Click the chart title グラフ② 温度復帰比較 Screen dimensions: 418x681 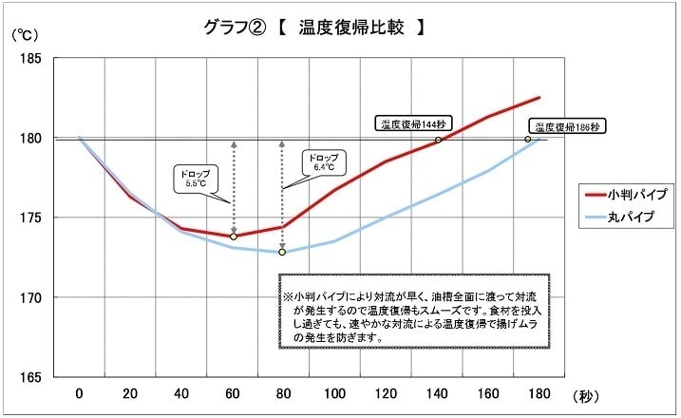coord(313,28)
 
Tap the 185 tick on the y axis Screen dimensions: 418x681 coord(28,58)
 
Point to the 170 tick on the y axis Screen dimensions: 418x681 coord(28,297)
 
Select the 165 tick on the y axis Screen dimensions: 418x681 coord(28,377)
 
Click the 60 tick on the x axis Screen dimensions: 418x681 coord(232,393)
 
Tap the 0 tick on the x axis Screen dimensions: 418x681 coord(79,393)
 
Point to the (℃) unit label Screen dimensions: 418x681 coord(26,35)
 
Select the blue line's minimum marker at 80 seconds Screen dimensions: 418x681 coord(282,252)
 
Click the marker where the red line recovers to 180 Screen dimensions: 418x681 coord(438,140)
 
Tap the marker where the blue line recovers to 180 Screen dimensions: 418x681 coord(528,140)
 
